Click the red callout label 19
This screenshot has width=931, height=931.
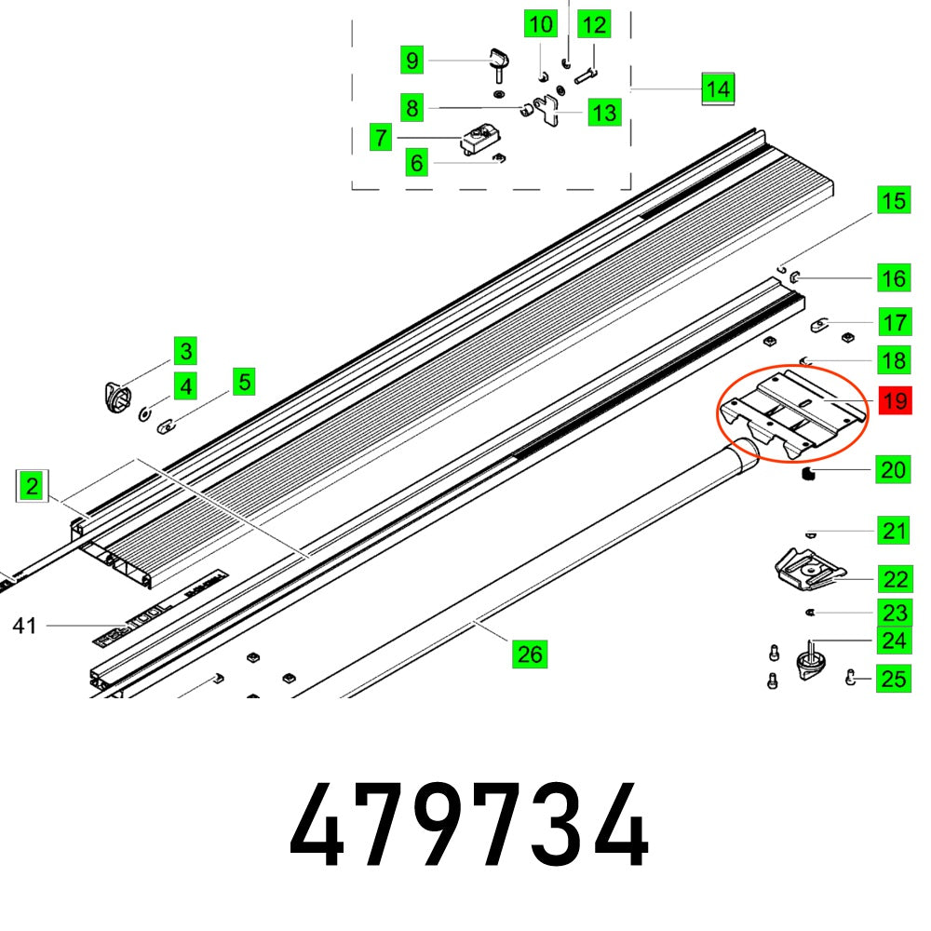pyautogui.click(x=894, y=401)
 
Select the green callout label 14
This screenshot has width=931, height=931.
pyautogui.click(x=717, y=89)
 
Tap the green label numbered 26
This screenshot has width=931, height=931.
pyautogui.click(x=529, y=654)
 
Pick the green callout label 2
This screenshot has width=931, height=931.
pyautogui.click(x=33, y=486)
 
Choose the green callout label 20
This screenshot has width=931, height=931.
pyautogui.click(x=894, y=471)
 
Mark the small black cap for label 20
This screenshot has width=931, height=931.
pyautogui.click(x=808, y=475)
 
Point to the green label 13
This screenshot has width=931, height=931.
pyautogui.click(x=604, y=113)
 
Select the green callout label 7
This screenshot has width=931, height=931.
pyautogui.click(x=380, y=139)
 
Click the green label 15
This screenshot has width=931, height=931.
pyautogui.click(x=894, y=200)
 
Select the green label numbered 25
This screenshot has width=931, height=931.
pyautogui.click(x=894, y=678)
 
